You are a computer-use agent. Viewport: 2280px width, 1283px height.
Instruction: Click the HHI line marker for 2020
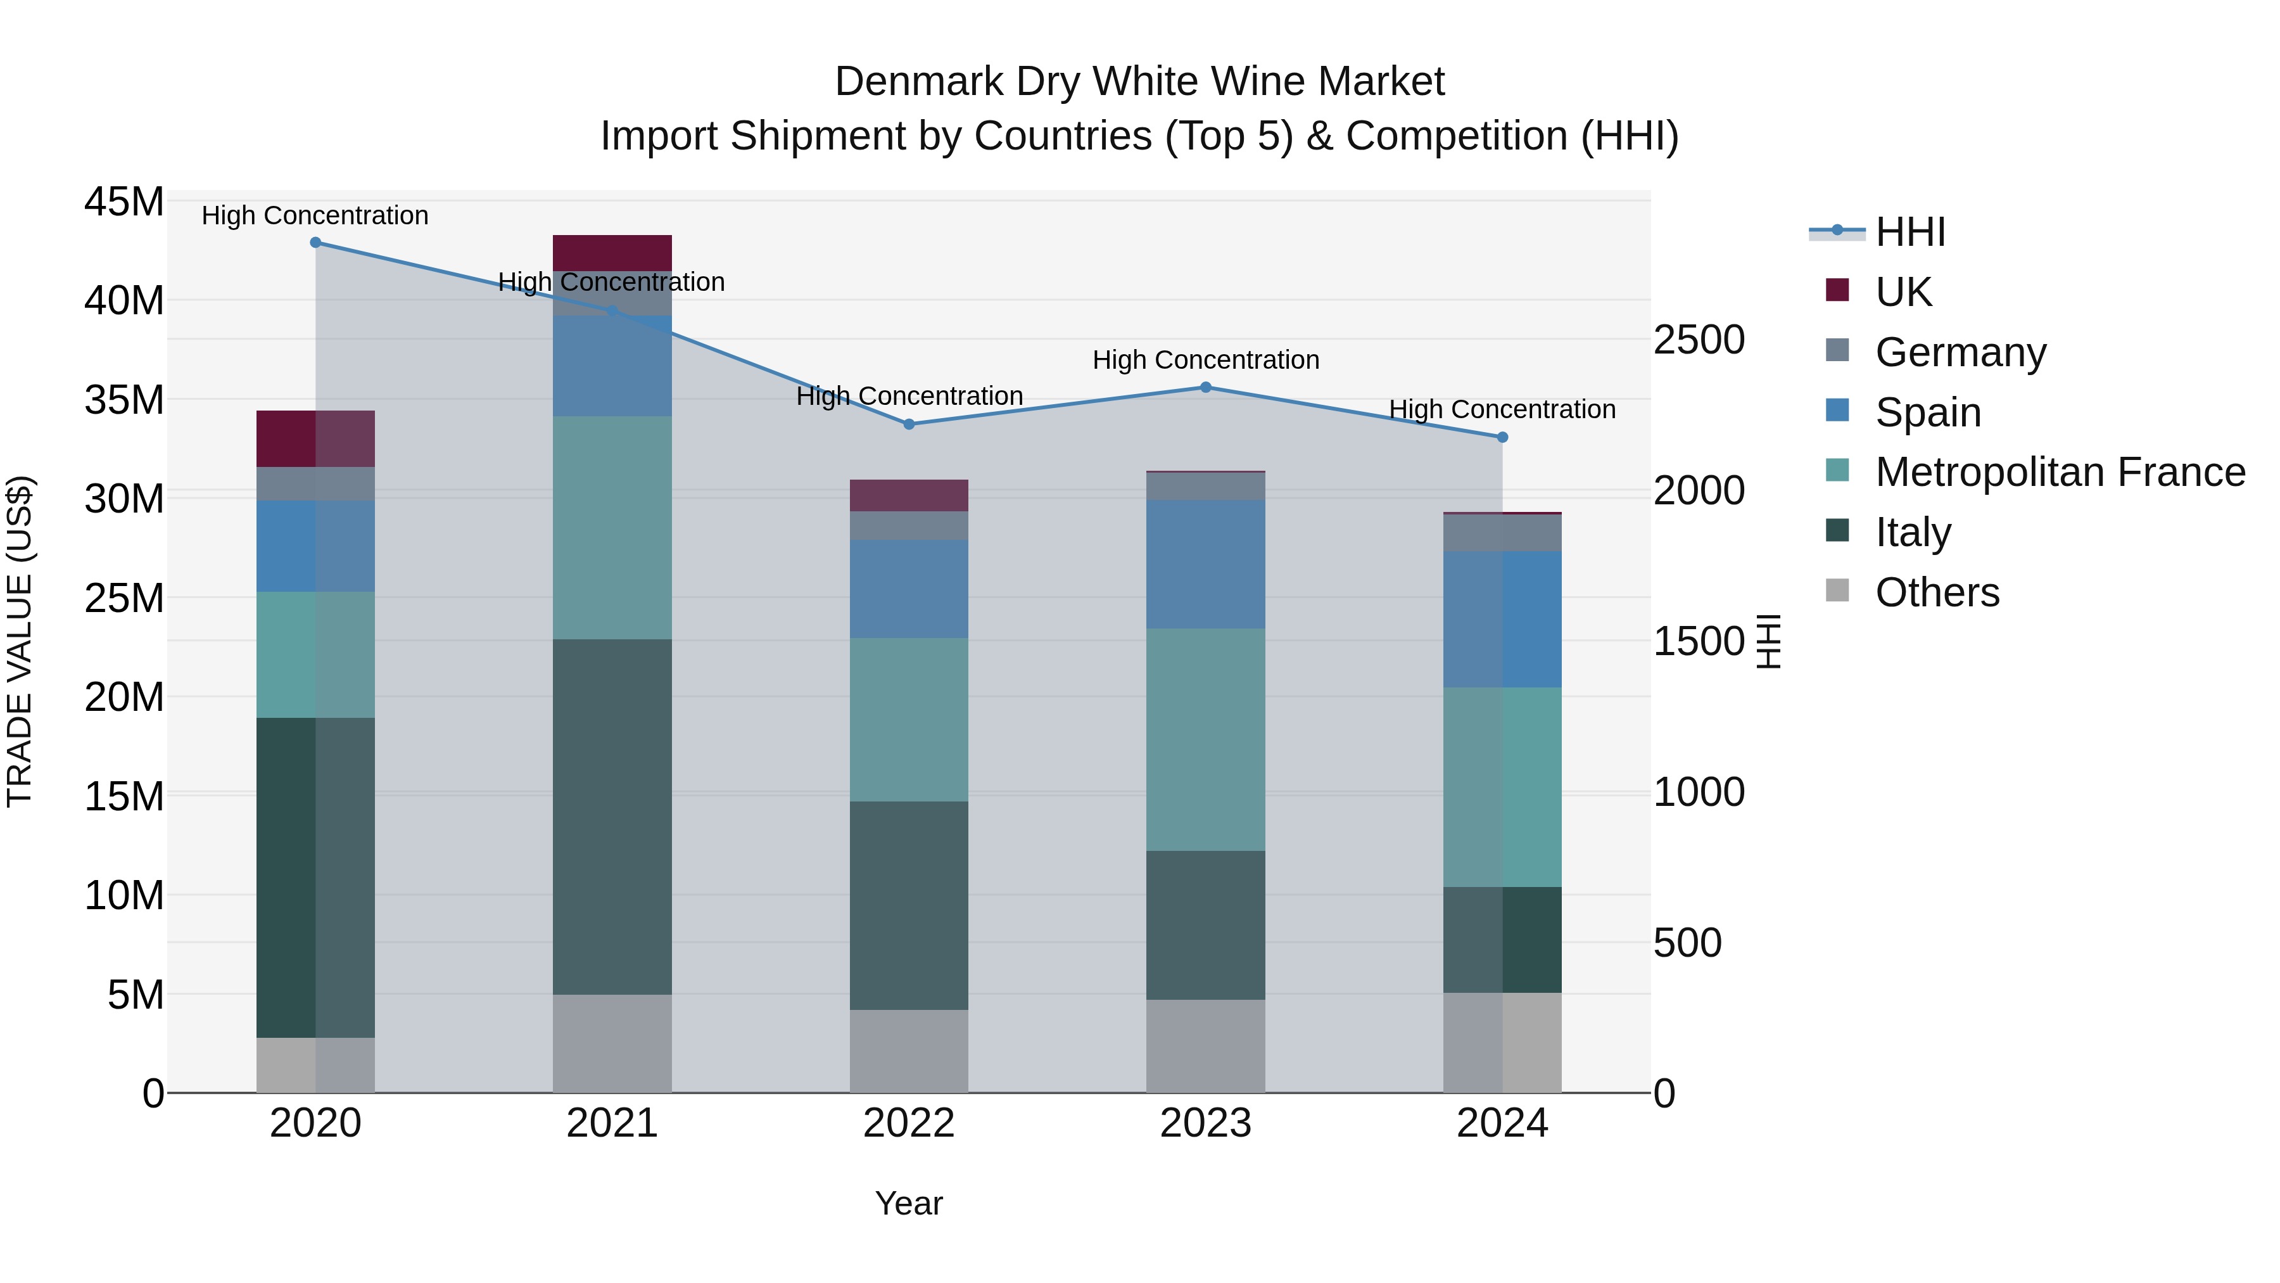[x=315, y=243]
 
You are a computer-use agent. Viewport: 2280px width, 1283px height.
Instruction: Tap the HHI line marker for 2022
[x=909, y=424]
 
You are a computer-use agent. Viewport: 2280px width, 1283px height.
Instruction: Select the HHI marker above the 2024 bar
[x=1502, y=437]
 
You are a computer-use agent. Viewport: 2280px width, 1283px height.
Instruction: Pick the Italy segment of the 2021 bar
[x=612, y=817]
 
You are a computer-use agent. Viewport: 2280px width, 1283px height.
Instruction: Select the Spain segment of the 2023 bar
[x=1205, y=564]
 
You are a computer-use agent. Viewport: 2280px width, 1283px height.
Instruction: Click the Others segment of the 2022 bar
[x=909, y=1051]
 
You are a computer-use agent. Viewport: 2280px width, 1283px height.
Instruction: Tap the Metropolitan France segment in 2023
[x=1205, y=739]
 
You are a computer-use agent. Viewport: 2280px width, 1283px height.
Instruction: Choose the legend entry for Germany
[x=1960, y=352]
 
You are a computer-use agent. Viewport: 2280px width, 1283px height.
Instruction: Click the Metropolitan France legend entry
[x=2059, y=473]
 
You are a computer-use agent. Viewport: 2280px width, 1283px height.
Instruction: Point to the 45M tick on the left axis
[x=124, y=202]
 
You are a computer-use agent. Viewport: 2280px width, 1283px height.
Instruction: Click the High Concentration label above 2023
[x=1205, y=361]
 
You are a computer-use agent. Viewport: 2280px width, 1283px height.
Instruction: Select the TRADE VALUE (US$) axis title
[x=20, y=641]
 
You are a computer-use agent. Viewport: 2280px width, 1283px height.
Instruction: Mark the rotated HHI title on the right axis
[x=1768, y=641]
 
